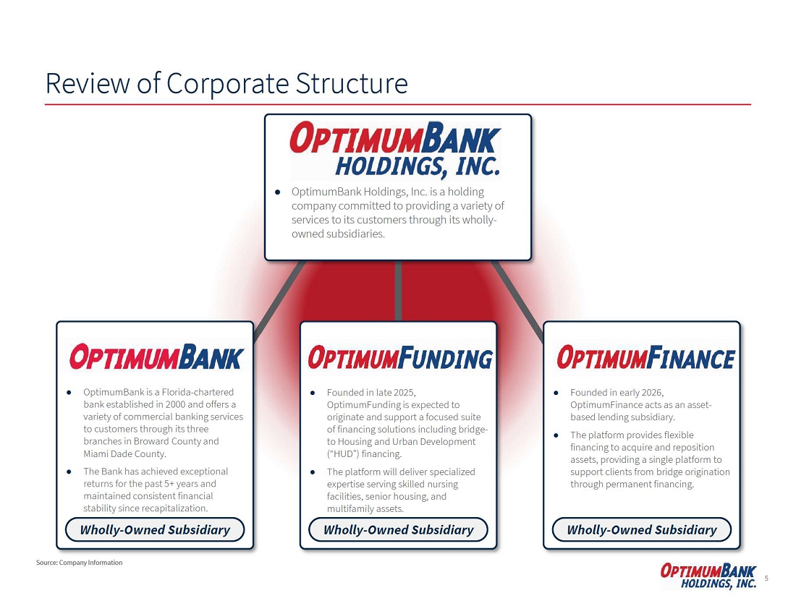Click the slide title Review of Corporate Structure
pos(226,83)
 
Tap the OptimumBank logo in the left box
pos(156,357)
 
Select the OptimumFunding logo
pos(400,357)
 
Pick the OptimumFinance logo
pos(645,357)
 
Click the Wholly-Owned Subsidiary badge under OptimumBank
pos(155,530)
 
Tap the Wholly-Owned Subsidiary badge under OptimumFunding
pos(399,530)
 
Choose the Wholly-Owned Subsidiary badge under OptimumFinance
pos(642,530)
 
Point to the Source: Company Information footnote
pos(79,562)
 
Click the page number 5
pos(766,578)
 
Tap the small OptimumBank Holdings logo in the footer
pos(708,576)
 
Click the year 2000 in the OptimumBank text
pos(176,404)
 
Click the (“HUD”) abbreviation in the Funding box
pos(343,453)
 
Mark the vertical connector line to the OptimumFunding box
pos(398,291)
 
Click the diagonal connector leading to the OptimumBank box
pos(279,300)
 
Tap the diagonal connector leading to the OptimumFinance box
pos(518,302)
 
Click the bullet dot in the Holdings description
pos(277,192)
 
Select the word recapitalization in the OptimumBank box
pos(174,508)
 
